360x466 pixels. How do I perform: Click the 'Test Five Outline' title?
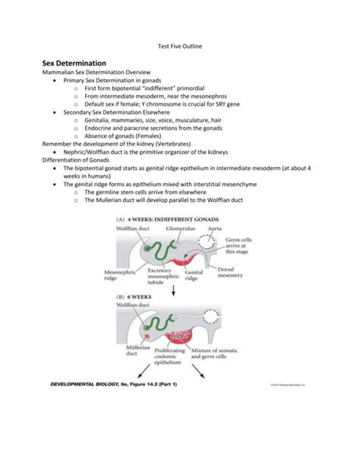click(x=179, y=46)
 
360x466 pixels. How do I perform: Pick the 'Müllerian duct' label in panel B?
click(x=128, y=352)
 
